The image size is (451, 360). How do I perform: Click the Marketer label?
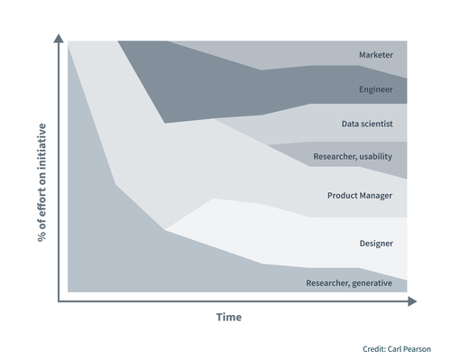[375, 56]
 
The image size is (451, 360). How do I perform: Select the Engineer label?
[376, 90]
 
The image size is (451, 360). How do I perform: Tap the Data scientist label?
[367, 124]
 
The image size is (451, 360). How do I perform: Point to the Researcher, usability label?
[353, 157]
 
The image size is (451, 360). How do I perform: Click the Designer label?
[376, 243]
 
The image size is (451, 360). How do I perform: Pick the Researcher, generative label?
[349, 283]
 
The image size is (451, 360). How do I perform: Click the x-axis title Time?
[228, 318]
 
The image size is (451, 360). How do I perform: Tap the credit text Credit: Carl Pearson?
[397, 348]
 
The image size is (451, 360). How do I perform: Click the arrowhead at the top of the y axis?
[59, 38]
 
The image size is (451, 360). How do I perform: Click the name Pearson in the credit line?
[416, 348]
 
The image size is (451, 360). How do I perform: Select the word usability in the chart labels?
[373, 157]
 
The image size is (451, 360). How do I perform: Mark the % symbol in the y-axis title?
[41, 237]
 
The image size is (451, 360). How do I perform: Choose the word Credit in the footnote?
[374, 348]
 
